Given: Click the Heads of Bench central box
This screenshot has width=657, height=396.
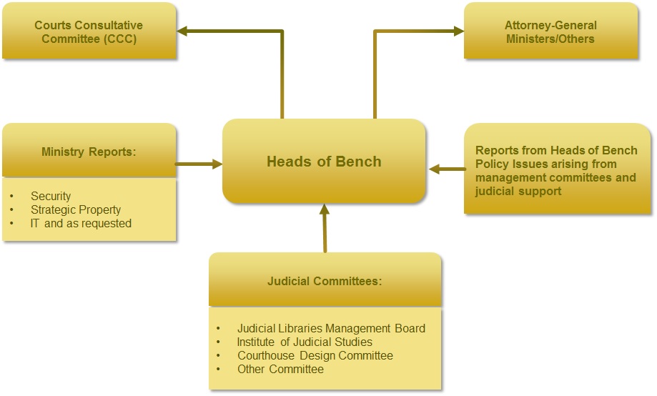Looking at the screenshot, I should tap(324, 162).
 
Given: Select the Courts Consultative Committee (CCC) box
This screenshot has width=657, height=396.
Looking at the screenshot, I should tap(89, 31).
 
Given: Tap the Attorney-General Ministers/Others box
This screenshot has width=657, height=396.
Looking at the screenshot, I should tap(550, 31).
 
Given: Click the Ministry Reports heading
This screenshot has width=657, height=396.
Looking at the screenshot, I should tap(89, 152).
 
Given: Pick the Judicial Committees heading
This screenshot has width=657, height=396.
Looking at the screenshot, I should tap(325, 281).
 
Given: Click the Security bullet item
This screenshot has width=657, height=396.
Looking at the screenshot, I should tap(51, 196).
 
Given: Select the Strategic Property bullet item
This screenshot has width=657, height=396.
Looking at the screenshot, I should tap(76, 209).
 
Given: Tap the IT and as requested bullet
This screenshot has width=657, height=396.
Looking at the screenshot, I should tap(81, 223).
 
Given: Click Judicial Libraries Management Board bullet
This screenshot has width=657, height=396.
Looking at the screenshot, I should tap(331, 328).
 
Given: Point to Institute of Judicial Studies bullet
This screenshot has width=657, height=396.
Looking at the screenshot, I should tap(305, 342).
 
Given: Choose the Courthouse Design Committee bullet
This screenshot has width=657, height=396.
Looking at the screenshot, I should tap(315, 355).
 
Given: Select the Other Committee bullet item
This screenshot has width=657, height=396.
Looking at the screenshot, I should tap(280, 369).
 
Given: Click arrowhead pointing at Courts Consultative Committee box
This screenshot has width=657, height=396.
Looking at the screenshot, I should tap(183, 31).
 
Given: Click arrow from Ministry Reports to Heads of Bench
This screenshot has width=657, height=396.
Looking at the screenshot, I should tap(199, 164).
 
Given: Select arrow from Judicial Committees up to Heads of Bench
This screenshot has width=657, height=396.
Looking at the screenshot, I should tap(325, 229).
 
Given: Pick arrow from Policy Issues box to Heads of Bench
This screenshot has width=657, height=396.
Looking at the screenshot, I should tap(446, 169).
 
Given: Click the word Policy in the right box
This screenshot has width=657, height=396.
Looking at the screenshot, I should tap(491, 164).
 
